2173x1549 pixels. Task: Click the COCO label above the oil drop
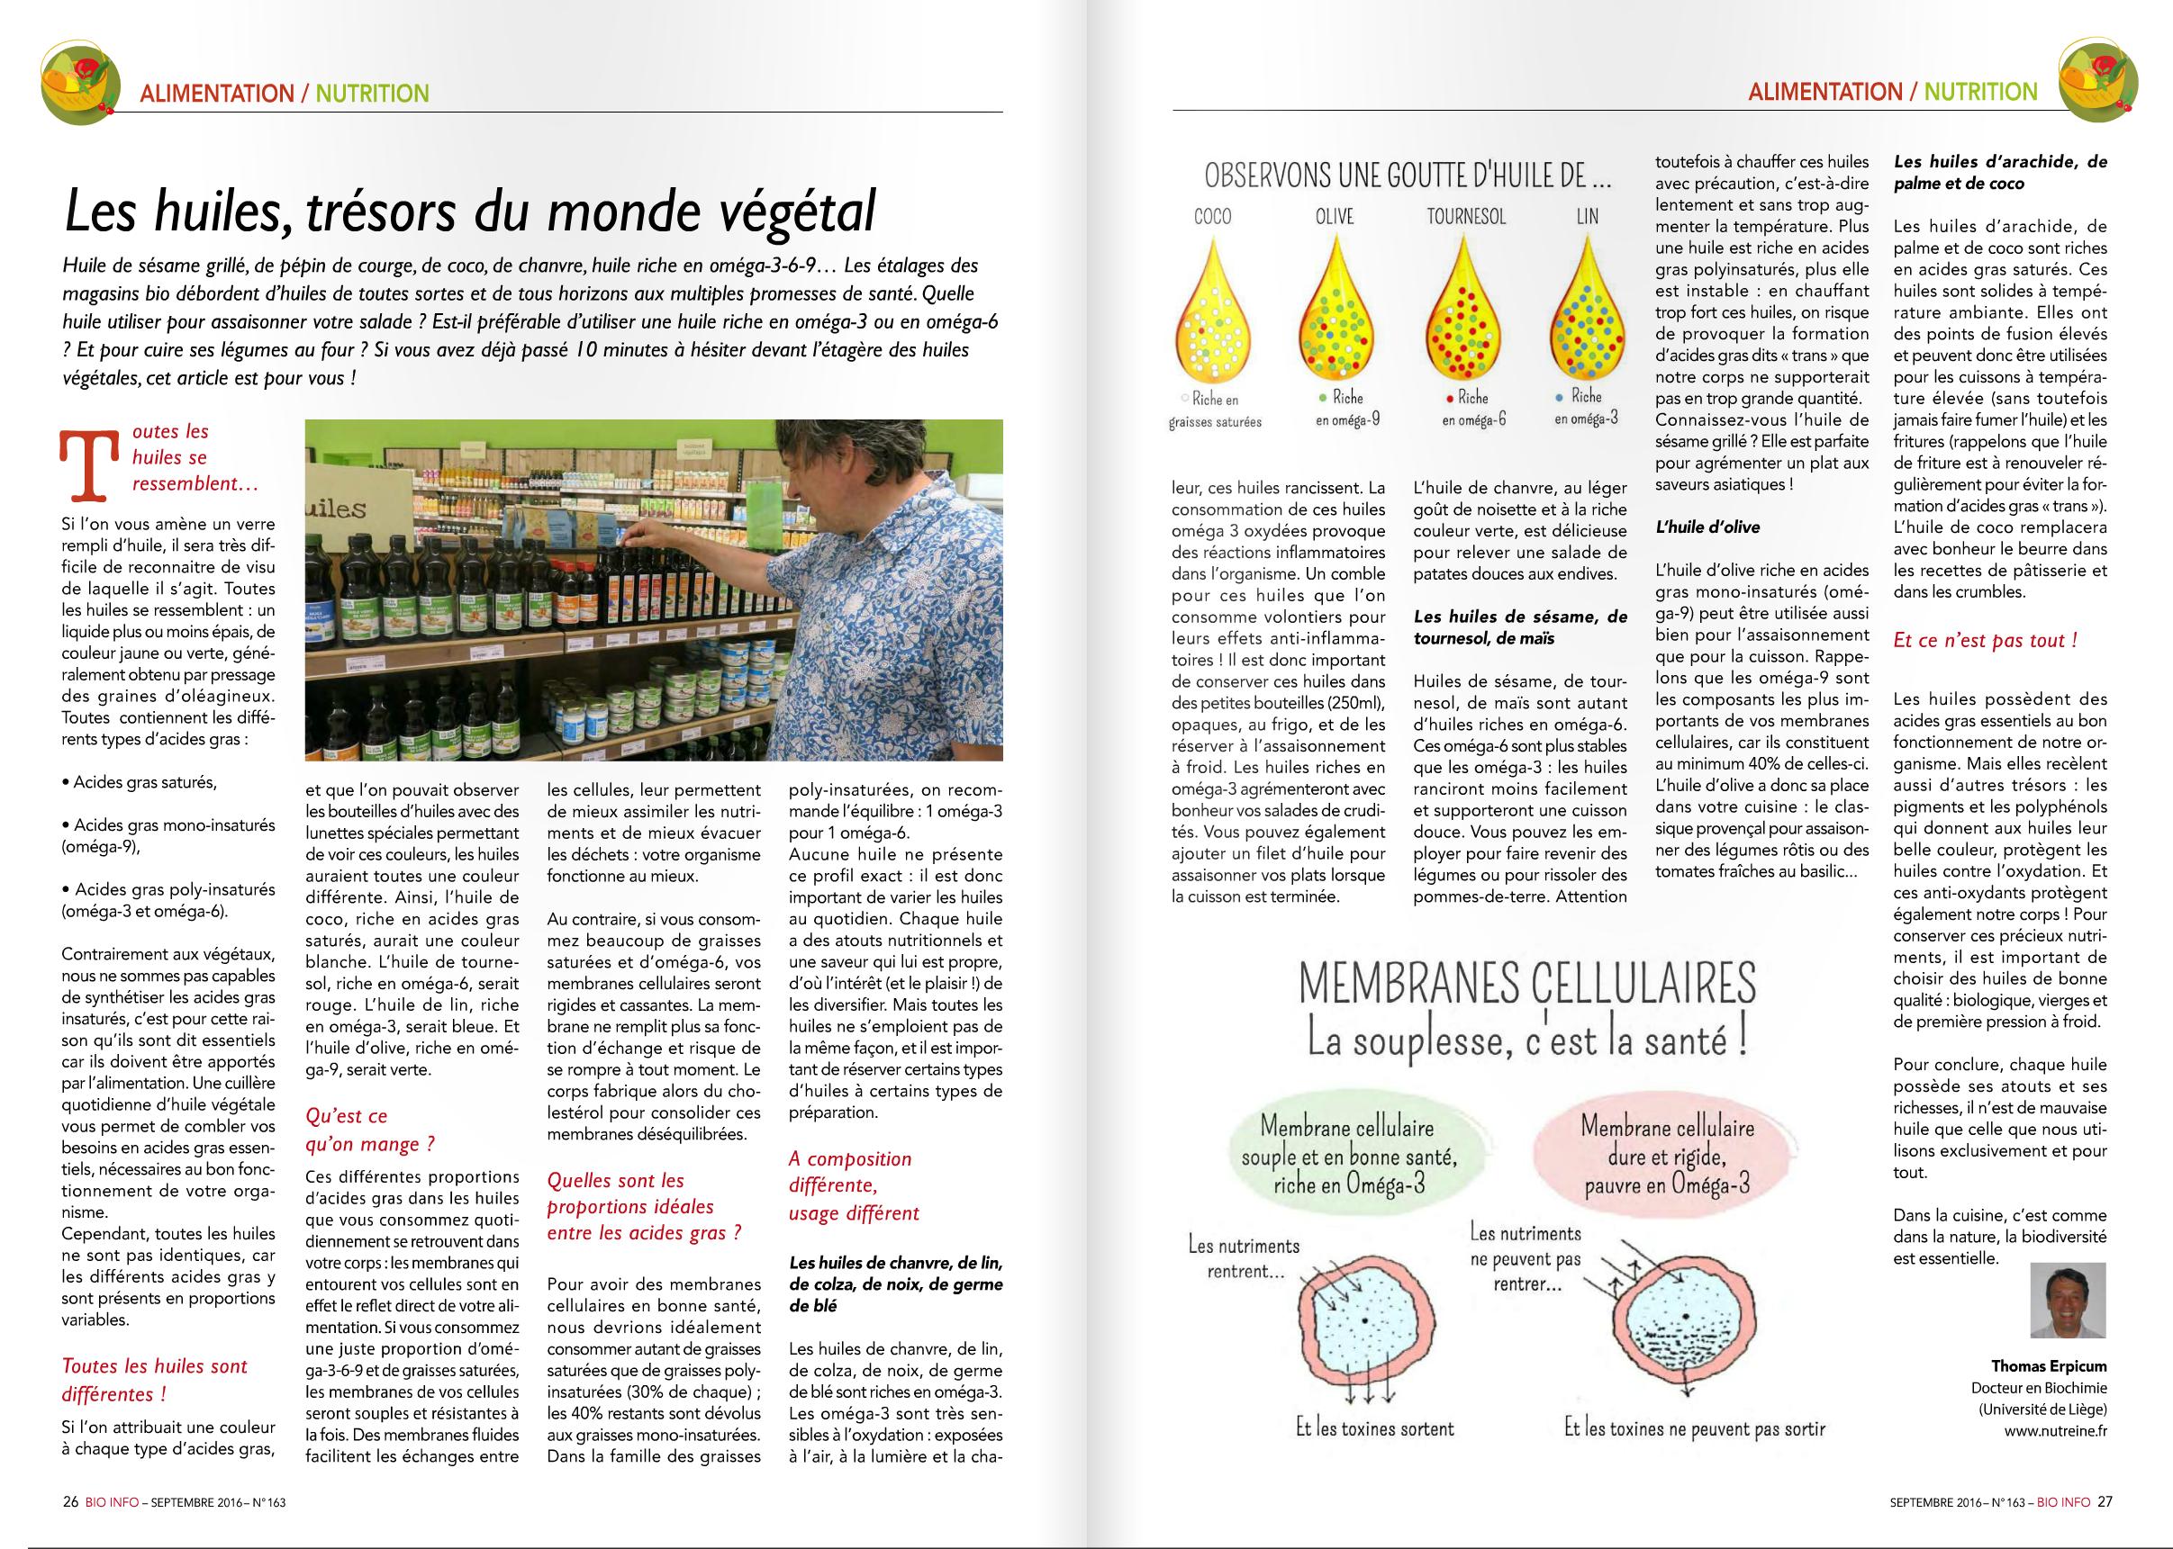pos(1212,217)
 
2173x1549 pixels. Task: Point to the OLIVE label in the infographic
pos(1334,217)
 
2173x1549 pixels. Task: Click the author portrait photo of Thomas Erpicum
pos(2067,1300)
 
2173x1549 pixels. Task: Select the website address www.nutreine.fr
pos(2057,1431)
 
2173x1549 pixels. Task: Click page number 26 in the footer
pos(69,1500)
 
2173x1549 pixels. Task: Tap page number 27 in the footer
pos(2105,1500)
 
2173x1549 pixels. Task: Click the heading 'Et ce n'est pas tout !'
pos(1985,641)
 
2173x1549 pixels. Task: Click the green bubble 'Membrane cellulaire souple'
pos(1347,1155)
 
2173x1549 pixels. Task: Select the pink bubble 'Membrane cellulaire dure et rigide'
pos(1667,1155)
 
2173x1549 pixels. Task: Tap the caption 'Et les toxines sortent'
pos(1374,1427)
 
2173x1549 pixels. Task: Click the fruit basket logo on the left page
pos(80,81)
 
